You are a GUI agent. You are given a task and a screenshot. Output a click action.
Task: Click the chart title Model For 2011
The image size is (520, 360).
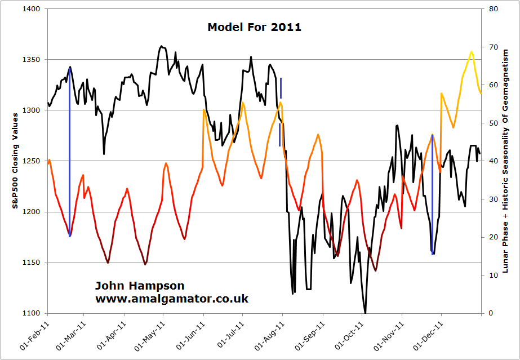254,26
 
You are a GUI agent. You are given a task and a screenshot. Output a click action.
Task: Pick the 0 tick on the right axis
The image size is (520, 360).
490,313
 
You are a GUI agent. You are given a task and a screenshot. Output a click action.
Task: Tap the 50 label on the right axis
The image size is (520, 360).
492,123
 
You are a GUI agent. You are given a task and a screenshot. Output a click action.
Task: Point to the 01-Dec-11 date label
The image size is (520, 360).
429,336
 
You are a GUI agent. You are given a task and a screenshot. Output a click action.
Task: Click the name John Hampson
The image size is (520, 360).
140,286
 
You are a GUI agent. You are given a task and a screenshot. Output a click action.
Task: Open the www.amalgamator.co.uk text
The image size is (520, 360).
172,299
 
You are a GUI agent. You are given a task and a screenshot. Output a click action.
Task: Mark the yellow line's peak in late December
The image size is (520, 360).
472,52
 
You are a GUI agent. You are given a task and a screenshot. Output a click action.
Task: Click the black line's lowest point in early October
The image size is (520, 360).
365,312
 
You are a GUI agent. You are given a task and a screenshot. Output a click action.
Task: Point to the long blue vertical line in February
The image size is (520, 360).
69,152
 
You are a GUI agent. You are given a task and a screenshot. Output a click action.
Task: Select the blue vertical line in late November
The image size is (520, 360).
432,194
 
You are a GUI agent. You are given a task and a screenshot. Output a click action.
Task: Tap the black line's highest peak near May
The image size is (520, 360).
161,46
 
